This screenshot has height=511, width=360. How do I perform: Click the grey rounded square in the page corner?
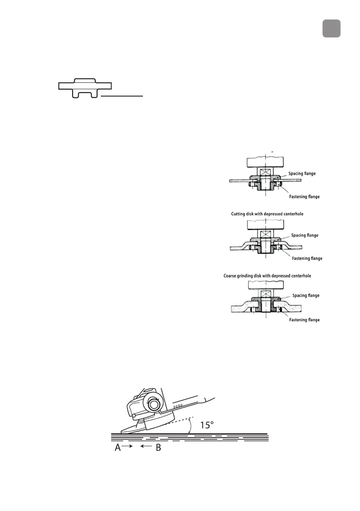point(331,28)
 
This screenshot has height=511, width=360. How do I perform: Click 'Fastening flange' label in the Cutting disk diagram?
point(306,258)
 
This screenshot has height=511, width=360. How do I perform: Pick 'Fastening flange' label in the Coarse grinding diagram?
point(304,320)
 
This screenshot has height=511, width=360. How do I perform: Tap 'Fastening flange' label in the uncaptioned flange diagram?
point(304,197)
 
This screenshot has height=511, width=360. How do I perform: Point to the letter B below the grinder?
point(157,448)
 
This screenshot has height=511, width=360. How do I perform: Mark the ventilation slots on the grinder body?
point(180,405)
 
